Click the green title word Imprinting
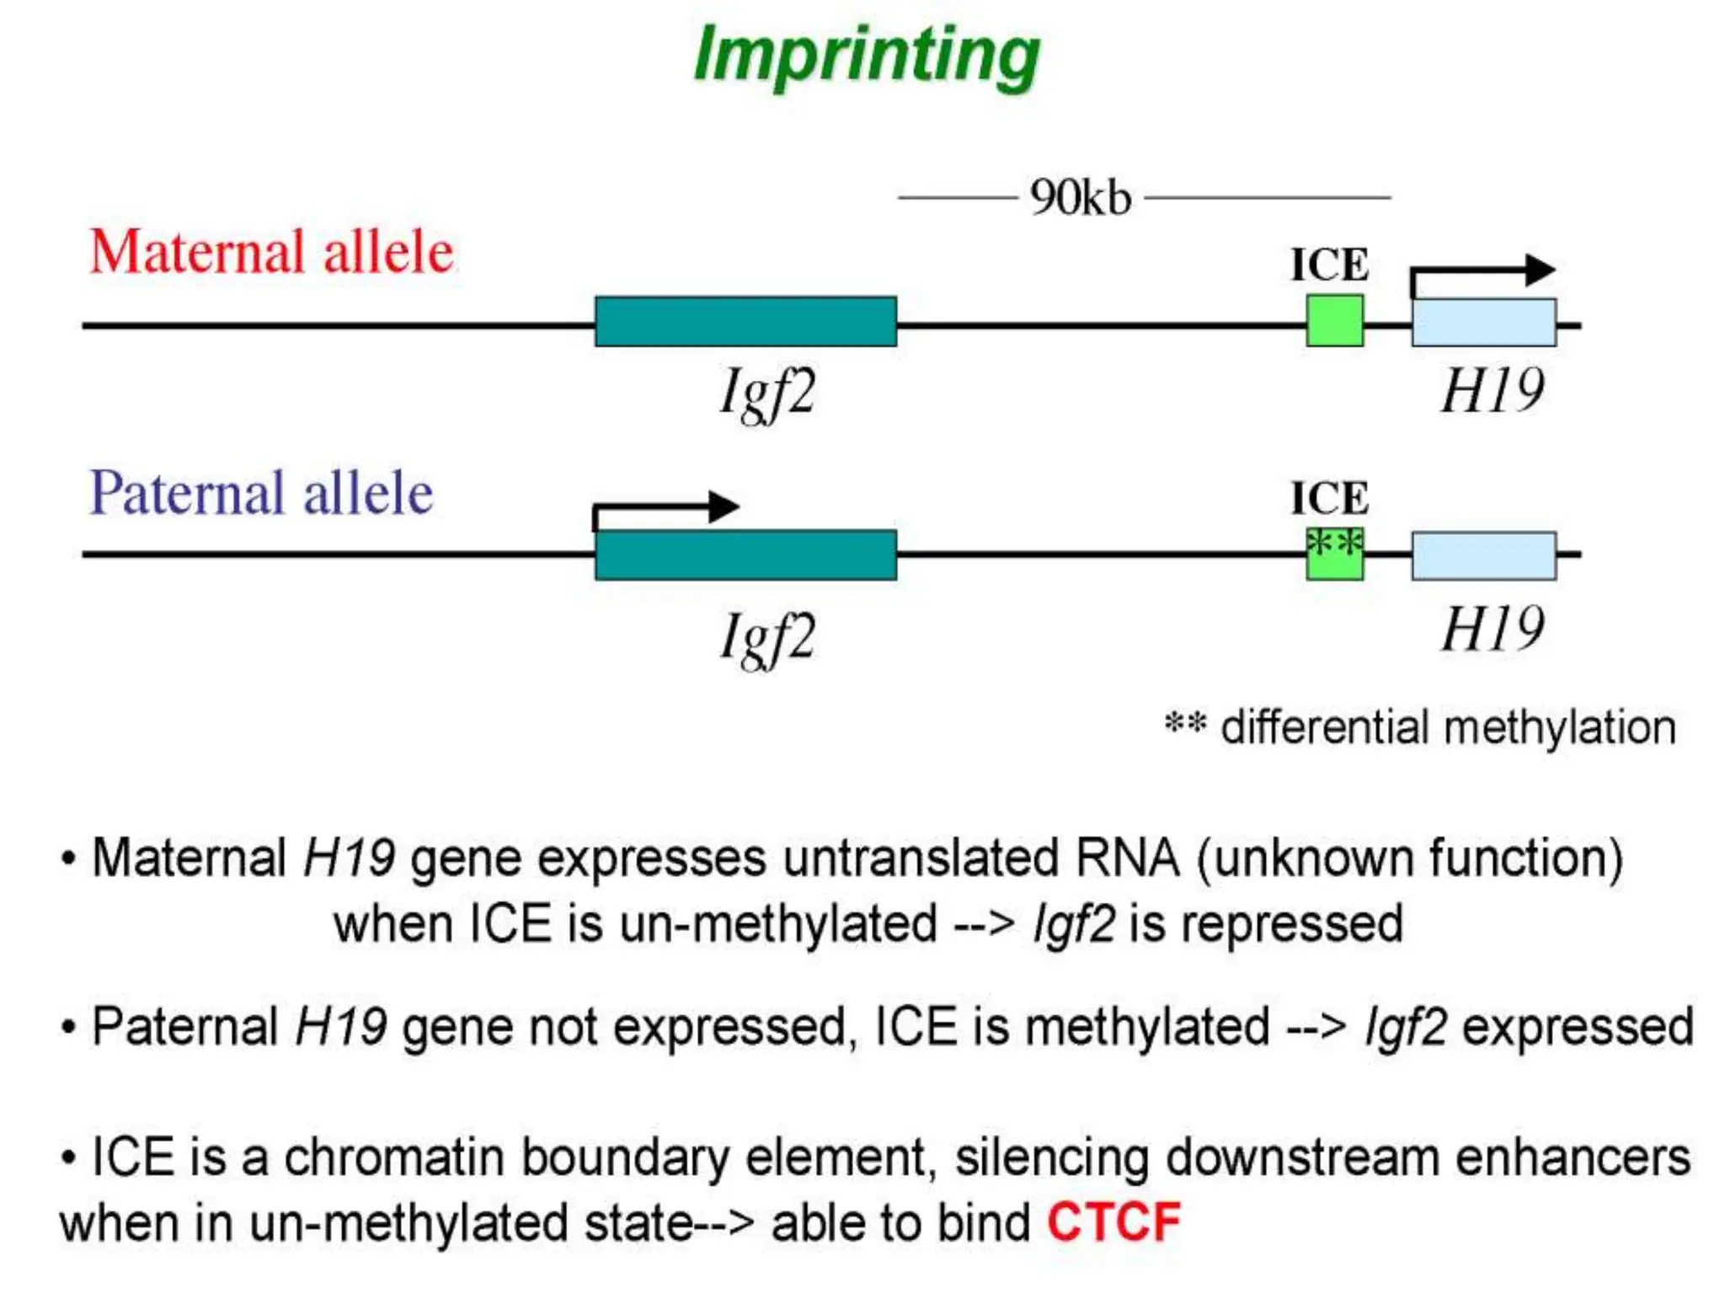click(866, 56)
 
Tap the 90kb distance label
click(1080, 199)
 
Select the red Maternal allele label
click(271, 252)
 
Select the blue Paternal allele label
click(261, 493)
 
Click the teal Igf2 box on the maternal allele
click(745, 322)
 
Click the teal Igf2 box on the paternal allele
click(745, 555)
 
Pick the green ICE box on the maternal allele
click(1334, 321)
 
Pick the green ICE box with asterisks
click(1334, 554)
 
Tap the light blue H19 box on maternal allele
click(1483, 323)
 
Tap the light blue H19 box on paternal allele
click(1483, 556)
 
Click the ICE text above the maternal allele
click(1330, 265)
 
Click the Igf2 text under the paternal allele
click(767, 638)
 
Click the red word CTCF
click(1114, 1222)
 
